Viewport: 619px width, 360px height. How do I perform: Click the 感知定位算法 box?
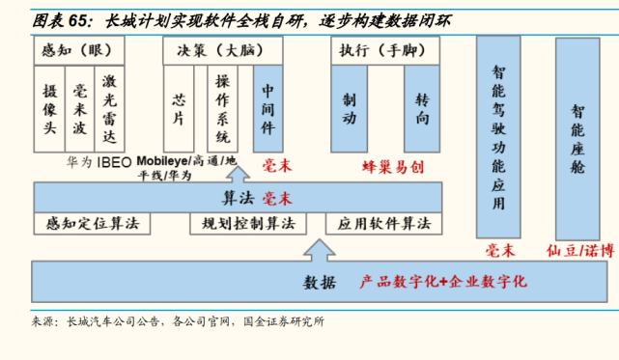[93, 223]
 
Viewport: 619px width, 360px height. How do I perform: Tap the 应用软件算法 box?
[384, 223]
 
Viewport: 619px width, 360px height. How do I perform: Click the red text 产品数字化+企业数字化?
[442, 281]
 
